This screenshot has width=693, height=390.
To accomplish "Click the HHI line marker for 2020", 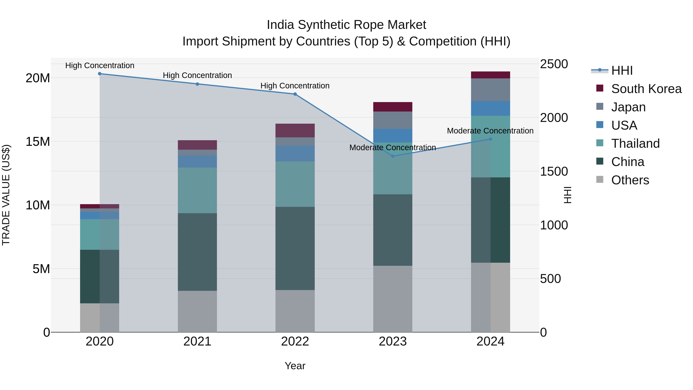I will coord(100,74).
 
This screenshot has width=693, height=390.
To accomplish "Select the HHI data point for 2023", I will coord(393,156).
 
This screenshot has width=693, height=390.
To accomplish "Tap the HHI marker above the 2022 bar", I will coord(295,94).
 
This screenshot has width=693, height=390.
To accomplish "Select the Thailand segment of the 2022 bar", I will coord(295,184).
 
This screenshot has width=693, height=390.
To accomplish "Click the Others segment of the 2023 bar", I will coord(393,299).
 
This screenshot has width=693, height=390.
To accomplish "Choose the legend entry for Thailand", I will coord(635,143).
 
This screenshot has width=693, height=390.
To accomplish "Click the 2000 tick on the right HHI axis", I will coord(554,118).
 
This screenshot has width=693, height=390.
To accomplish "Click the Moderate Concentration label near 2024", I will coord(490,131).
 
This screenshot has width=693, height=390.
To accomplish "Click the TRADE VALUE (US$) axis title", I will coord(6,195).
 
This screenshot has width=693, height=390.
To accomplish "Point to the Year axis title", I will coord(295,366).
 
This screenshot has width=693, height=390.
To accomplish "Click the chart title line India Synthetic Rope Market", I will coord(346,25).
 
